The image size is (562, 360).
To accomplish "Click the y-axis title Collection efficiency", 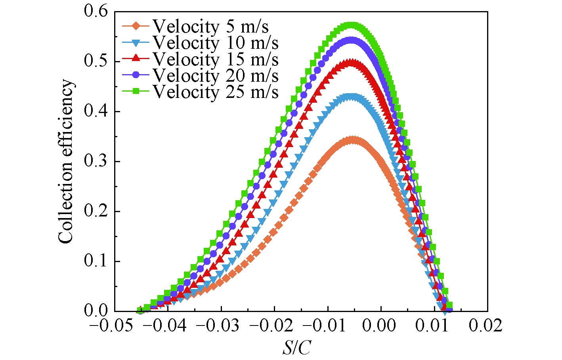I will (x=66, y=161).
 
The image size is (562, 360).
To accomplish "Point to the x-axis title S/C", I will (x=296, y=348).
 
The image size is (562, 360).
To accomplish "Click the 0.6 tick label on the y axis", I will (x=96, y=11).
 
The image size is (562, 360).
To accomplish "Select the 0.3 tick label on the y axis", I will (x=96, y=161).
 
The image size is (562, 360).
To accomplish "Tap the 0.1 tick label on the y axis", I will (x=96, y=261).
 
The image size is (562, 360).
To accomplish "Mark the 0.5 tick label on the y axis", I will (x=96, y=61).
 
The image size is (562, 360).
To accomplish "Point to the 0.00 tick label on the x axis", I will (x=381, y=326).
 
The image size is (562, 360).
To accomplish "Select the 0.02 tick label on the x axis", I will (x=486, y=326).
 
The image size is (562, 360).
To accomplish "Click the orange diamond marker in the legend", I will (x=136, y=26).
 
